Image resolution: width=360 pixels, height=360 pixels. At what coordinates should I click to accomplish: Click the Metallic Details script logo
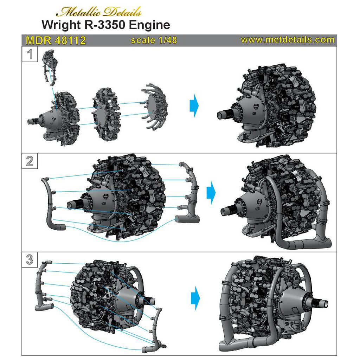click(99, 12)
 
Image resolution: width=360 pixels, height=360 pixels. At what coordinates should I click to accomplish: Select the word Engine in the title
click(149, 25)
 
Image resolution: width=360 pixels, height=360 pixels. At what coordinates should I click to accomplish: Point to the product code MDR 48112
click(56, 40)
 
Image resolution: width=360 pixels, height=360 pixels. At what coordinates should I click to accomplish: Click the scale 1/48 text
click(154, 40)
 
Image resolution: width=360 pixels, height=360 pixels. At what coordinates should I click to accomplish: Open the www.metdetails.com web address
click(288, 40)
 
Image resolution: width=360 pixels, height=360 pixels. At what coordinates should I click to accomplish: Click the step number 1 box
click(30, 54)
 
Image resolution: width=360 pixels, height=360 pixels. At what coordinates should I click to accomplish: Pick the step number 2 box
click(30, 161)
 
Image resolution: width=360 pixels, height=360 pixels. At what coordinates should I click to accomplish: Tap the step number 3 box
click(30, 260)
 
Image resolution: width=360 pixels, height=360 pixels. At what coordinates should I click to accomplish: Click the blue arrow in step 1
click(194, 105)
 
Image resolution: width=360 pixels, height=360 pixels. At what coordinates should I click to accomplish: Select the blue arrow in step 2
click(211, 192)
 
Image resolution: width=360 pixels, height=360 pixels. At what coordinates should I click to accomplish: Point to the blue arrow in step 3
click(195, 298)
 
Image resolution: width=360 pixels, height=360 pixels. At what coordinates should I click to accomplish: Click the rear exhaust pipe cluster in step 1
click(155, 107)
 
